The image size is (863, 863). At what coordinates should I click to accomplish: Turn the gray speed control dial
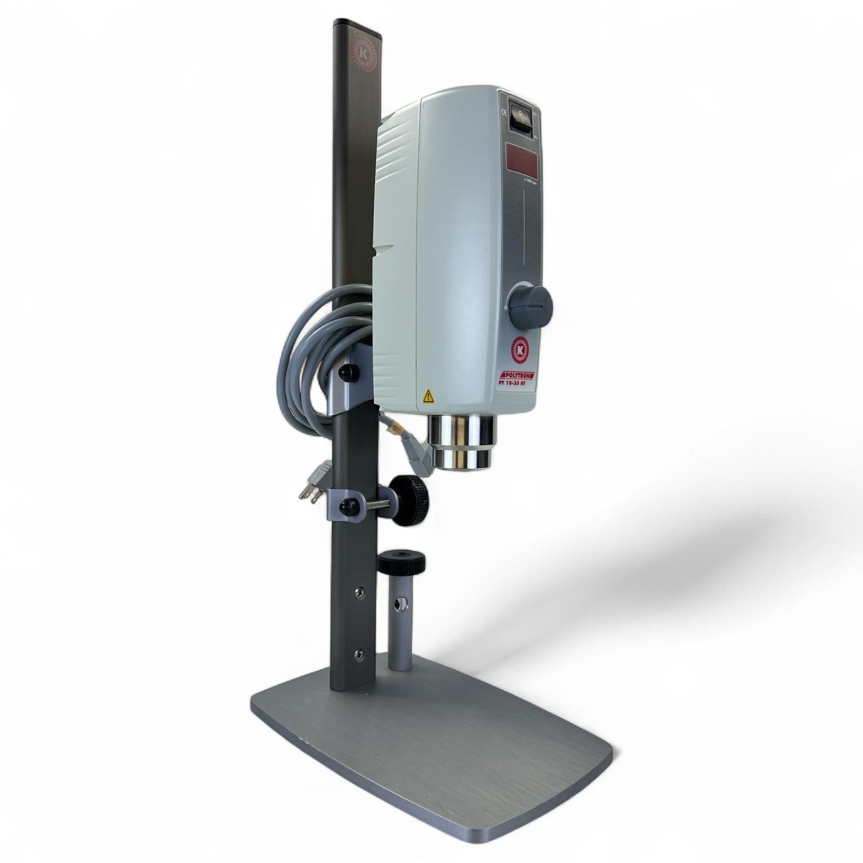click(x=530, y=300)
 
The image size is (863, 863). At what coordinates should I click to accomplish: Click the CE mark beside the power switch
click(x=504, y=112)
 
